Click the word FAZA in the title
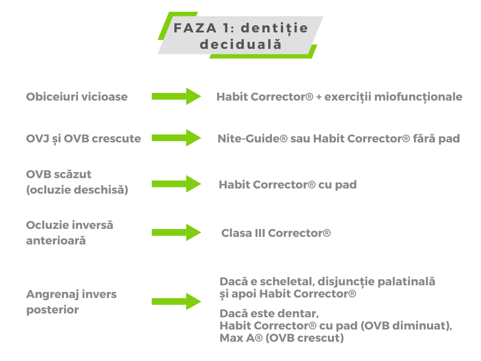195,28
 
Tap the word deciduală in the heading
240,44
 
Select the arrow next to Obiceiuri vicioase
177,96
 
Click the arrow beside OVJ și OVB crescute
177,138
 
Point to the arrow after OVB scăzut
177,184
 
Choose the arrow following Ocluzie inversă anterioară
177,232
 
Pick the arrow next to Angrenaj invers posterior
177,301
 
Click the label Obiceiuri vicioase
77,97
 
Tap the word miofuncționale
418,97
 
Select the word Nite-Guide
252,139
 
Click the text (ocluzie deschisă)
77,190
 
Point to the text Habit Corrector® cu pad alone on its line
288,185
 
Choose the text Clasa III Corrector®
276,233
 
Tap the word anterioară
56,241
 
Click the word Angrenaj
52,295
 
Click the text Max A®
241,338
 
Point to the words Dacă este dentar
269,314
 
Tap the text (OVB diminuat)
406,326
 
